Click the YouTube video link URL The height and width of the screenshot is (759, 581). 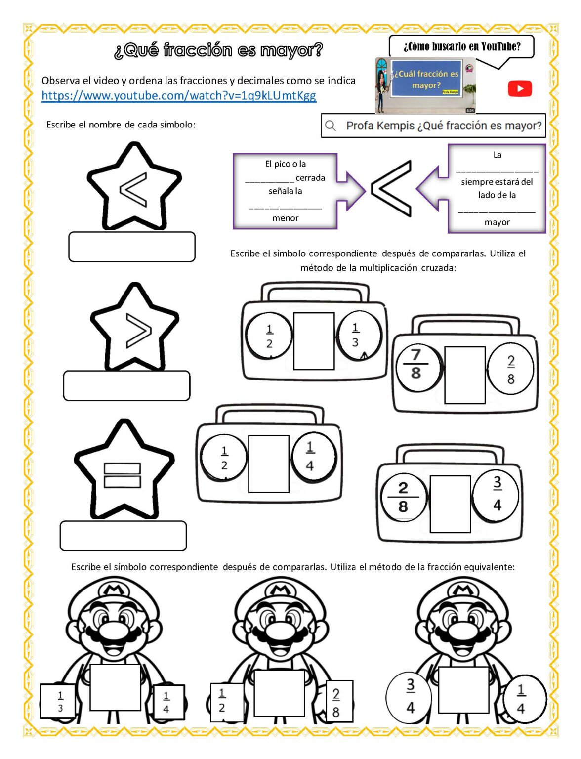point(178,95)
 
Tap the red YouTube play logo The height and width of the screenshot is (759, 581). point(520,89)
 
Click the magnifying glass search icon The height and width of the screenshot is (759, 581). point(331,126)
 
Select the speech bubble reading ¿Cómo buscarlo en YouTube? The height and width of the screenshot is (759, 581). point(461,47)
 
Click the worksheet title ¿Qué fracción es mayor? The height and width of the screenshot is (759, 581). point(218,50)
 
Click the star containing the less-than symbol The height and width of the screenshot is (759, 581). point(133,188)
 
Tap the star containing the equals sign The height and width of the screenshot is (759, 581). point(123,472)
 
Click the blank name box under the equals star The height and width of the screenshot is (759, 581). point(123,536)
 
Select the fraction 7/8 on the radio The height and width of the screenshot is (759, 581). point(416,364)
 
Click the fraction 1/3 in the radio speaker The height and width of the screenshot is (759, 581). point(356,335)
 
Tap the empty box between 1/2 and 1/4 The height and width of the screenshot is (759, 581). point(268,464)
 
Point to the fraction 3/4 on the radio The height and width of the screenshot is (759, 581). point(497,494)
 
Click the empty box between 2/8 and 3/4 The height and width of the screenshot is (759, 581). point(450,504)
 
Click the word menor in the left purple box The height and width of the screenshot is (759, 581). point(285,218)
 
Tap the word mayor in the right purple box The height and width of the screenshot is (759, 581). point(497,222)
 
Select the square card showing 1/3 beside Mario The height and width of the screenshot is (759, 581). point(59,701)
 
